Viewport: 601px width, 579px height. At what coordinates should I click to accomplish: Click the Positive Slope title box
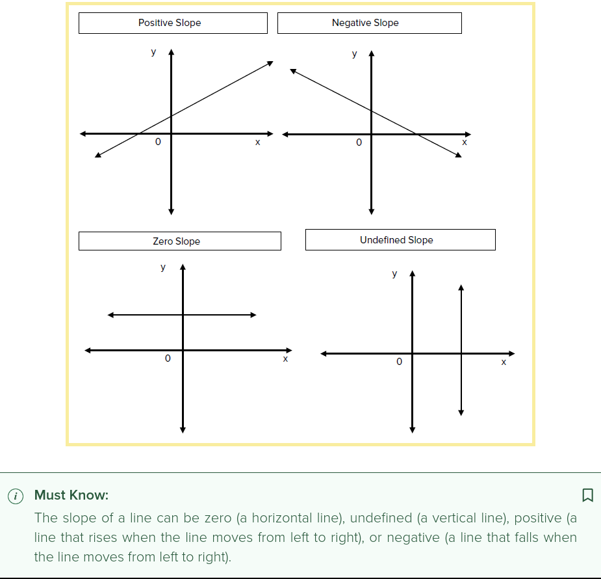172,23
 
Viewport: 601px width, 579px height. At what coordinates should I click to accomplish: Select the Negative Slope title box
369,23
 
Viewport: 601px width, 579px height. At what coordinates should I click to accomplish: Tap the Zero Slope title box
179,241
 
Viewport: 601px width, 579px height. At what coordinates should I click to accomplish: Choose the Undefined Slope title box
400,239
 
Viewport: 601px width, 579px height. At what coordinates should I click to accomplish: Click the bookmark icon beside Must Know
587,495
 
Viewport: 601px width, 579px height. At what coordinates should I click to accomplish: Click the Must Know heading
71,495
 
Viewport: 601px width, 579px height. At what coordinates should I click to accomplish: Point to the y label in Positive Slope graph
153,52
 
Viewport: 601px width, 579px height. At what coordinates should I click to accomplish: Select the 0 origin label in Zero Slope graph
168,358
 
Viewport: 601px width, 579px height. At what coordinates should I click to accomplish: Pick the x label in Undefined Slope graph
504,362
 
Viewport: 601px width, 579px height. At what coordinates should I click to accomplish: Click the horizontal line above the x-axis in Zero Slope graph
182,316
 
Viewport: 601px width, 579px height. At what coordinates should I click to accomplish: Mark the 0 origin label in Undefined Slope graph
400,360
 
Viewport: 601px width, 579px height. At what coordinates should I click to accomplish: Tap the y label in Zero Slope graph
163,267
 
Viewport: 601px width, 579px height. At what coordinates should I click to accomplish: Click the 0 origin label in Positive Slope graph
157,142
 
